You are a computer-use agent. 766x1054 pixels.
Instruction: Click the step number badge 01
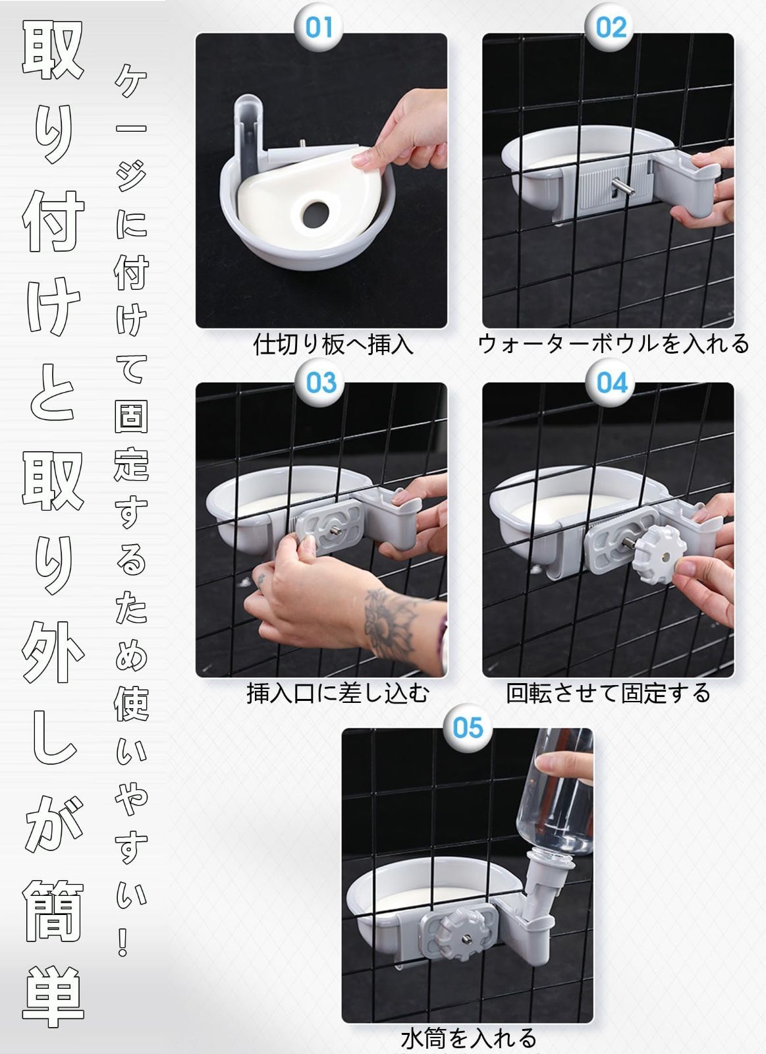[319, 27]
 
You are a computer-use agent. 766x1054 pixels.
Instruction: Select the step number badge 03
[321, 382]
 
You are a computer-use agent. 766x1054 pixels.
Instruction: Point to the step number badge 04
[611, 382]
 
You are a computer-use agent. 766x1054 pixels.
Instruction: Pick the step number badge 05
[468, 728]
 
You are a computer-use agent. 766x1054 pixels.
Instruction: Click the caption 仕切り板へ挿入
[333, 345]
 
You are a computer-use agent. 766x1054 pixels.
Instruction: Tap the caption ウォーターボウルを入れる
[613, 344]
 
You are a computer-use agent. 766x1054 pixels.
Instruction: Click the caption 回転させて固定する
[608, 693]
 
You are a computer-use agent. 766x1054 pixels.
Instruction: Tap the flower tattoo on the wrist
[389, 623]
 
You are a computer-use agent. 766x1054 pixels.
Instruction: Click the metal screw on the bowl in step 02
[624, 188]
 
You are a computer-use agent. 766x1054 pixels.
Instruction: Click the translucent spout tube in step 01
[251, 132]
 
